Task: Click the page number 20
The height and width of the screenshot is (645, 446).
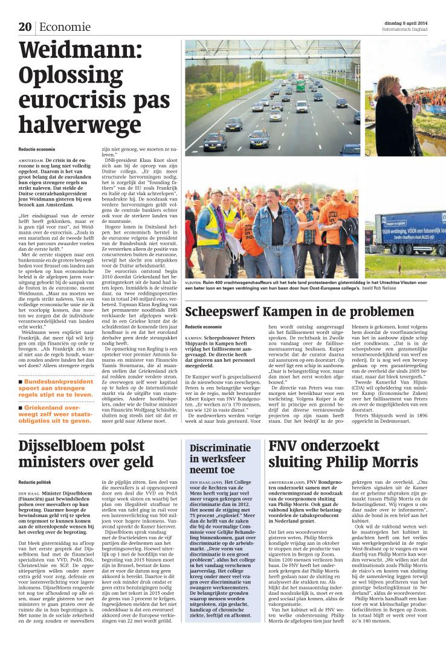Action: (25, 27)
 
